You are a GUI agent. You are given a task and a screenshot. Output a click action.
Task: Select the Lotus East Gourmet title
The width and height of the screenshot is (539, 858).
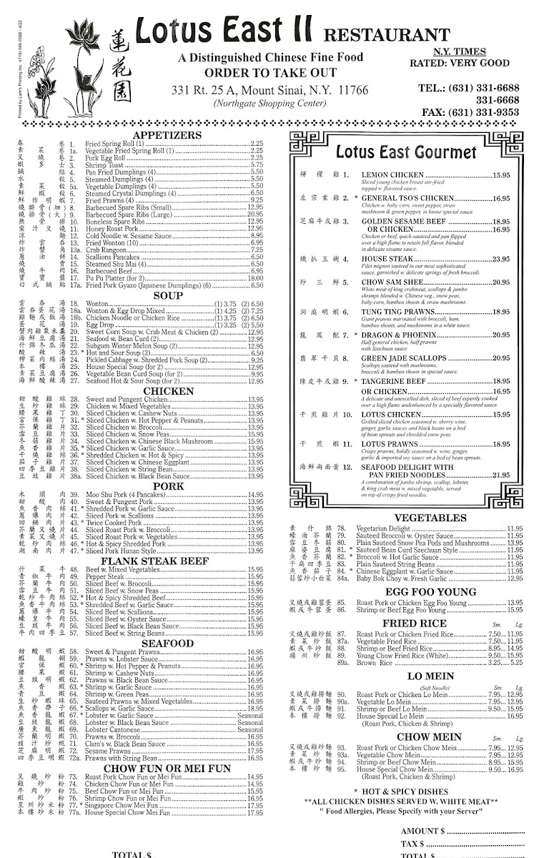click(x=405, y=152)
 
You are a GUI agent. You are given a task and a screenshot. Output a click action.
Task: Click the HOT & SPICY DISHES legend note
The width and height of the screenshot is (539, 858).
click(x=417, y=792)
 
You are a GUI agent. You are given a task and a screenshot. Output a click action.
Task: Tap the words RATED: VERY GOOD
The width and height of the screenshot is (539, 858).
click(x=470, y=63)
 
